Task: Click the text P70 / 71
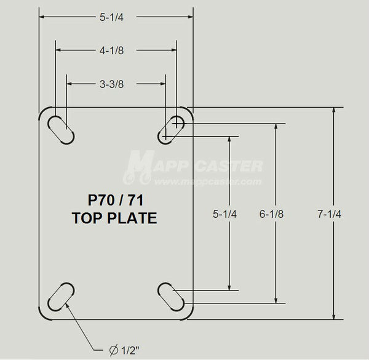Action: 114,200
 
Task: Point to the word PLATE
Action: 134,217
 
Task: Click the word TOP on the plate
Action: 87,217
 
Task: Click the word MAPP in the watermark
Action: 157,166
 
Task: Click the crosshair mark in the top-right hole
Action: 177,122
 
